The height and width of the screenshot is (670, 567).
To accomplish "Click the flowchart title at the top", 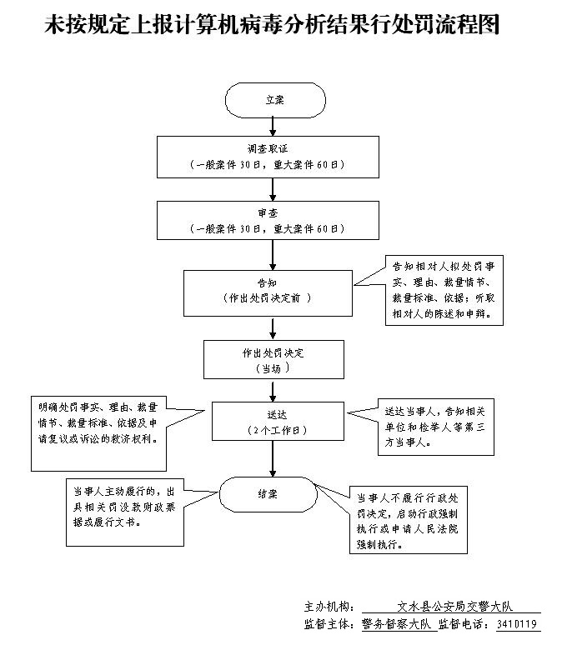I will pyautogui.click(x=272, y=26).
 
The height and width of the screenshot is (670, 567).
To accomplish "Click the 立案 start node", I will pyautogui.click(x=274, y=99).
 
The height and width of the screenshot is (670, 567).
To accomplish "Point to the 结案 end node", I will pyautogui.click(x=268, y=494).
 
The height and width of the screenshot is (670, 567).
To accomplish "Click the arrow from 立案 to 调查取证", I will pyautogui.click(x=273, y=127).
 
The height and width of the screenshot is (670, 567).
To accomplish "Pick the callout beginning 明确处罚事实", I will pyautogui.click(x=99, y=422).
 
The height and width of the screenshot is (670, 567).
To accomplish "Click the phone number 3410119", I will pyautogui.click(x=516, y=624).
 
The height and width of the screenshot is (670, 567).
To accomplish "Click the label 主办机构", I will pyautogui.click(x=330, y=606).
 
